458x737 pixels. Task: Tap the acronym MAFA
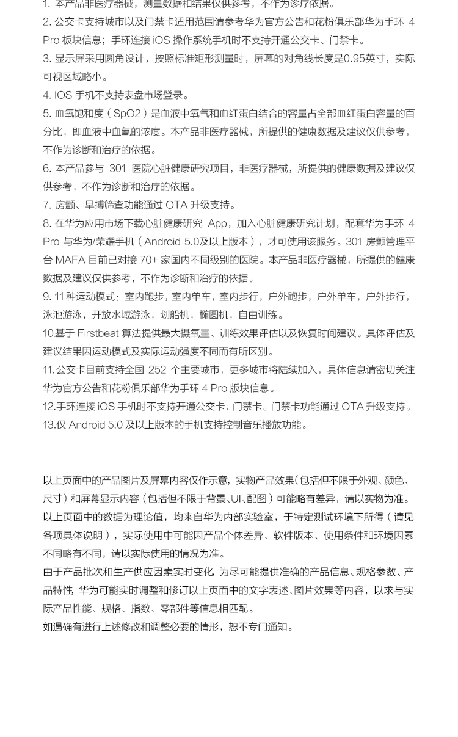click(x=70, y=260)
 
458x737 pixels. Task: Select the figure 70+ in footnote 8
click(x=148, y=260)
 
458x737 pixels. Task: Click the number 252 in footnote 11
click(x=157, y=370)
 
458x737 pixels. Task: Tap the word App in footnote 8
click(x=217, y=223)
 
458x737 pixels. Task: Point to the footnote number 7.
click(x=46, y=205)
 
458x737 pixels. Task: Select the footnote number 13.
click(x=49, y=425)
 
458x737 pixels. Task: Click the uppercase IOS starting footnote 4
click(x=63, y=95)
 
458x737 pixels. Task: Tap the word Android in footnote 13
click(x=87, y=425)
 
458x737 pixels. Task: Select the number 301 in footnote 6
click(x=117, y=169)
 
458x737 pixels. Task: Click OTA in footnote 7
click(x=176, y=205)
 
